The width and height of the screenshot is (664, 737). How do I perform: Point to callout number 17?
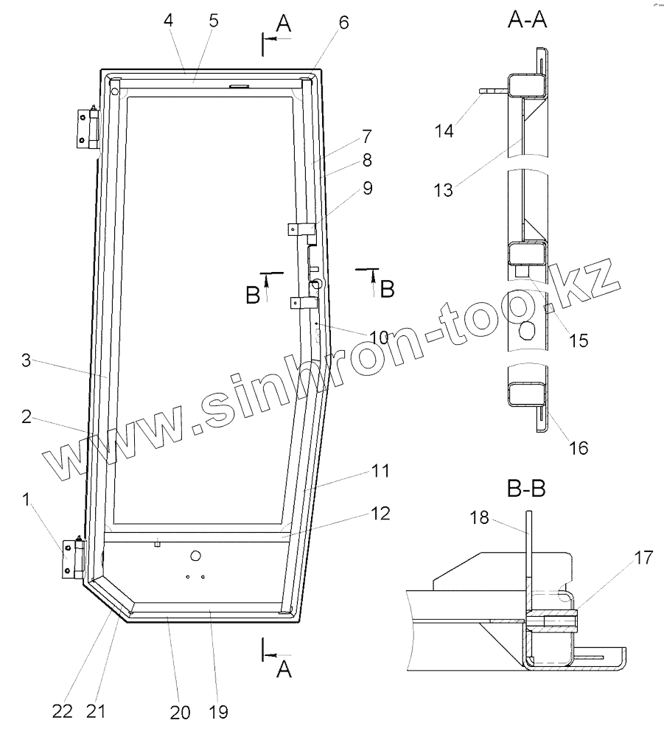click(642, 558)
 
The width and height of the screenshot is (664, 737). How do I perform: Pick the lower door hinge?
click(74, 561)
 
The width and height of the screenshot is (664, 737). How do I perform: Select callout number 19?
click(218, 711)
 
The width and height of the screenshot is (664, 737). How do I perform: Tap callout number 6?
click(344, 22)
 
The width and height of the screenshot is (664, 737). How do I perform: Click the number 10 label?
click(379, 338)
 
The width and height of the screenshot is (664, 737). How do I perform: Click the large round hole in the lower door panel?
click(196, 554)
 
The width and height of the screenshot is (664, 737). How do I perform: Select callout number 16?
click(579, 447)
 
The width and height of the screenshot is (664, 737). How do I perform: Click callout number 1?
click(27, 501)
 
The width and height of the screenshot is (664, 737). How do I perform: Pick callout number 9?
click(366, 189)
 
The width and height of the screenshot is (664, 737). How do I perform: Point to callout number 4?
click(169, 20)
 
